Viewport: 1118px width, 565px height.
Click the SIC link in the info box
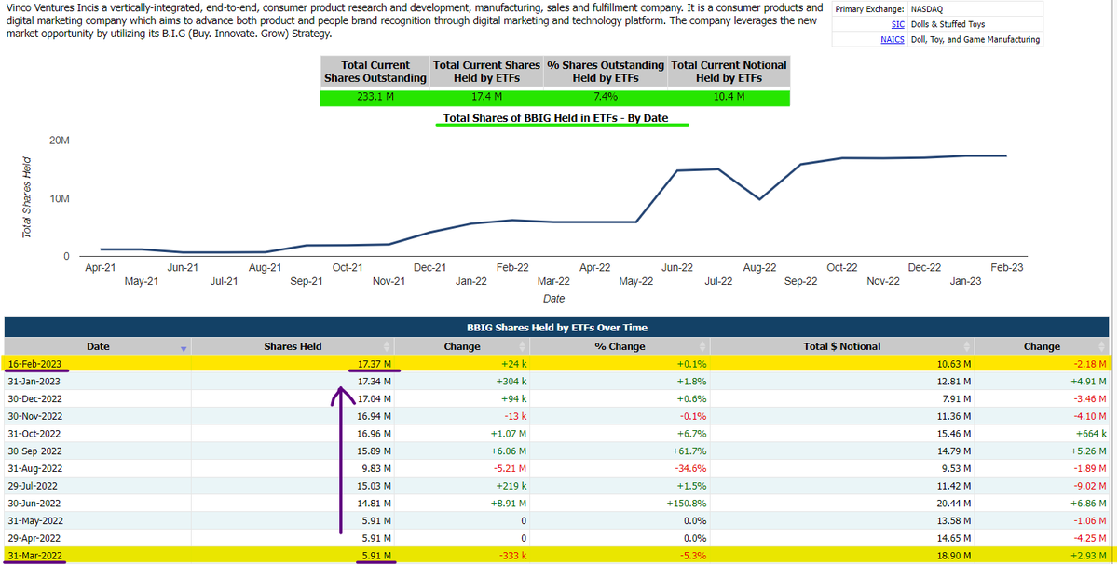pos(898,24)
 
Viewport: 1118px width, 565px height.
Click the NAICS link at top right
pos(893,40)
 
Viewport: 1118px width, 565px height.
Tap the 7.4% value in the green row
pos(606,96)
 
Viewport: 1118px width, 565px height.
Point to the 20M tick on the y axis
pos(60,141)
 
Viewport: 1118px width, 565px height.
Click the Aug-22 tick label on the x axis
pos(759,267)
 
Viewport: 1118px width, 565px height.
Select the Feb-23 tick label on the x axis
pos(1006,267)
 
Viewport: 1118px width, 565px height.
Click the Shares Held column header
pos(293,346)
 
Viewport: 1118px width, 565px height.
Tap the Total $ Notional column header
pos(841,346)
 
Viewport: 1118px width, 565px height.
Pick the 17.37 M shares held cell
pos(375,363)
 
